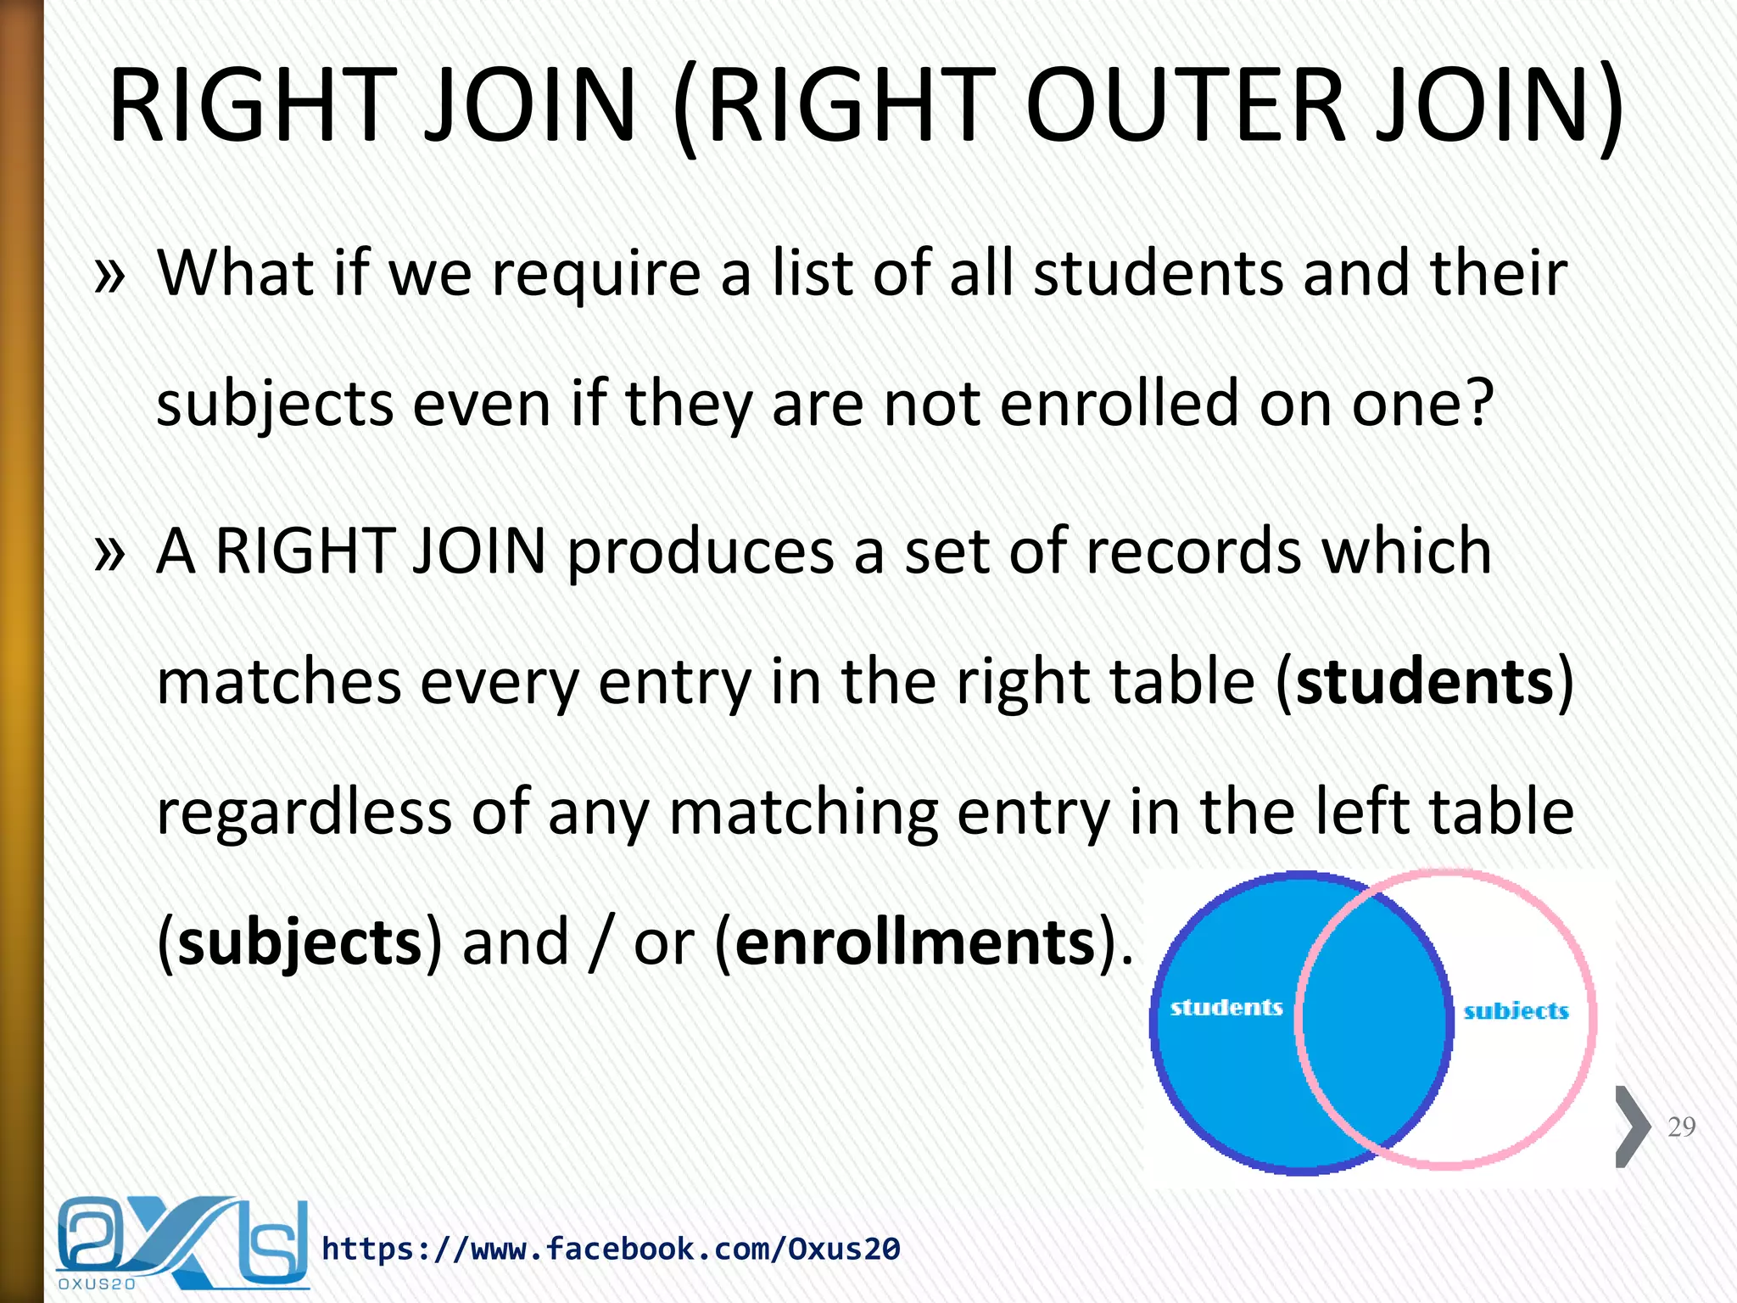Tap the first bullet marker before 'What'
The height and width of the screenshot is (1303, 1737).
point(110,276)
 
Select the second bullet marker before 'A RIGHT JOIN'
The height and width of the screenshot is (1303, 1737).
point(110,554)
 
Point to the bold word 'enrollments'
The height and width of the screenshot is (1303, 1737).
point(916,943)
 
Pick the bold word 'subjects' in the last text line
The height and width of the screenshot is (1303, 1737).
point(299,943)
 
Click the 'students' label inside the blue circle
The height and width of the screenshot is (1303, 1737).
point(1226,1008)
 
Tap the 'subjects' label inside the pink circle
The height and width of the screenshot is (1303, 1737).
point(1516,1011)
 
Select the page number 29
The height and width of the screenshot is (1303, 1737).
point(1681,1127)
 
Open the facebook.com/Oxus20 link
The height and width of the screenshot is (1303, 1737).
point(611,1249)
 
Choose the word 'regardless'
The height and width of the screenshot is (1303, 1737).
point(304,813)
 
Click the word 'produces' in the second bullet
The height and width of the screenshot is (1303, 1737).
point(701,552)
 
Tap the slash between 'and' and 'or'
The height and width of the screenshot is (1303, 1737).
point(600,943)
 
